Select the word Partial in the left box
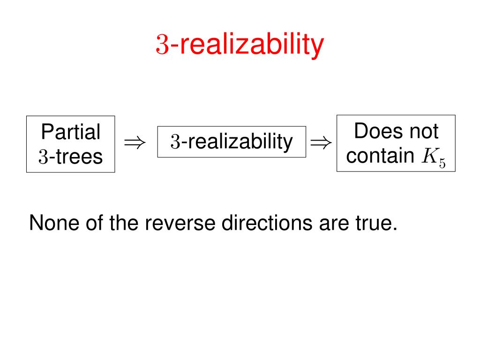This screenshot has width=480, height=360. pyautogui.click(x=70, y=132)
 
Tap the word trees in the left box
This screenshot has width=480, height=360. pyautogui.click(x=80, y=157)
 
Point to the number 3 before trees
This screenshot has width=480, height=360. pyautogui.click(x=44, y=157)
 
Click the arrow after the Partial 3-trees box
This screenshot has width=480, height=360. pyautogui.click(x=135, y=142)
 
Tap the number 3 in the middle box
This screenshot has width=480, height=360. pyautogui.click(x=175, y=142)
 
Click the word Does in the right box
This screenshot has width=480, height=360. pyautogui.click(x=376, y=131)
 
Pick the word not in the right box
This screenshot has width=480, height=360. pyautogui.click(x=423, y=131)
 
